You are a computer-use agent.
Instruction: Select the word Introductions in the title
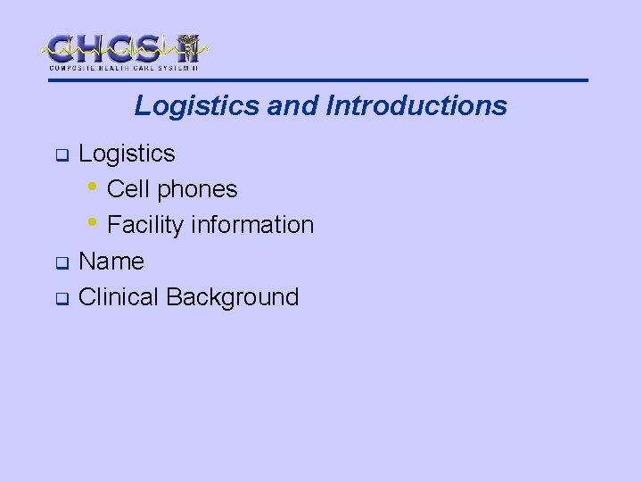416,106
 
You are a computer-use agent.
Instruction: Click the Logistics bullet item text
127,154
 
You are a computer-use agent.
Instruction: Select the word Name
111,262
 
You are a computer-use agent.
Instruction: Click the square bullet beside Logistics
62,156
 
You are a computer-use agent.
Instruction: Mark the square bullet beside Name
62,264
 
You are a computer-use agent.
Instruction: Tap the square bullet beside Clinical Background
62,300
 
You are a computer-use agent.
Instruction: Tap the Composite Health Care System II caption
124,68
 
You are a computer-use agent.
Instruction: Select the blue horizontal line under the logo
321,80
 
